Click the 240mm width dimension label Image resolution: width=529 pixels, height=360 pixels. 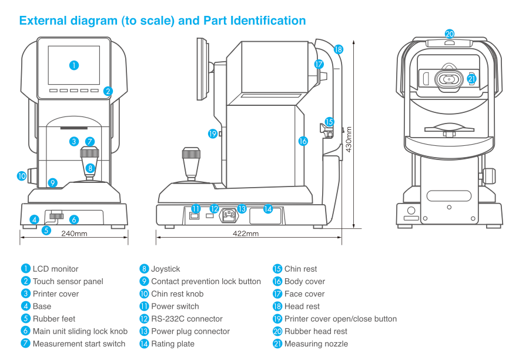74,234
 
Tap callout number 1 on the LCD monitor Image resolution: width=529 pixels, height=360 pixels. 74,65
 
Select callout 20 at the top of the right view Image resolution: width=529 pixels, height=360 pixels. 450,34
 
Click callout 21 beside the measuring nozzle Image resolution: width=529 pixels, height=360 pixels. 471,79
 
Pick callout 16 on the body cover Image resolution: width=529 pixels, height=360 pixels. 303,141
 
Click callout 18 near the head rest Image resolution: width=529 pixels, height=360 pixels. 338,50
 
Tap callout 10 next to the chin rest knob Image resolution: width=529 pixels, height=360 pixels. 22,175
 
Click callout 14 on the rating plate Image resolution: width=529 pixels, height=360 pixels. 268,209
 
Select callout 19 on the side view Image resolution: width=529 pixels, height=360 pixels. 213,134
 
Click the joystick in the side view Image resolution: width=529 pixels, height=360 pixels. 191,164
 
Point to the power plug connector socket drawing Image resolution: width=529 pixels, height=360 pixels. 230,215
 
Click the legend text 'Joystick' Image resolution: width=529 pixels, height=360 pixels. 166,269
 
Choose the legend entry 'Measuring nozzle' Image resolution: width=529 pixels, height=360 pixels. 316,344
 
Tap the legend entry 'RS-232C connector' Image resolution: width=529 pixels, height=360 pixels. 187,319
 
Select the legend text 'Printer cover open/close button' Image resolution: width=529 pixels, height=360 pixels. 340,319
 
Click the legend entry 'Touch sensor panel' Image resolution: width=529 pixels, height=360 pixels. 68,281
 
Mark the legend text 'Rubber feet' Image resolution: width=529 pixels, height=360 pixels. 54,319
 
